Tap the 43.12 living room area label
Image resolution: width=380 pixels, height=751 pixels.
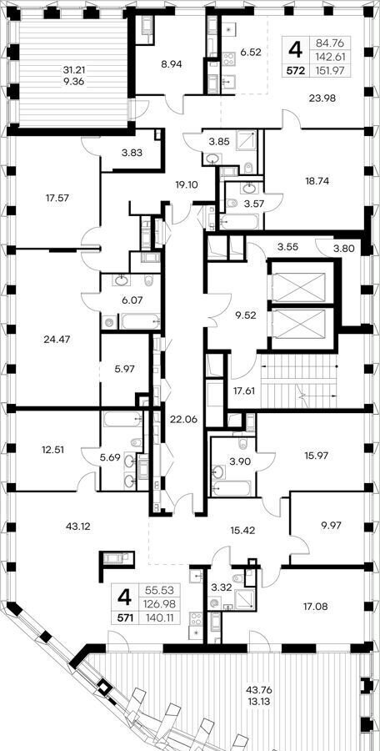coord(77,527)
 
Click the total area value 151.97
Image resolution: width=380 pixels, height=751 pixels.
coord(329,70)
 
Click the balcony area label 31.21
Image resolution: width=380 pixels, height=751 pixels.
coord(73,70)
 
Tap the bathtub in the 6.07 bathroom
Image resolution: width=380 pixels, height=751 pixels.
coord(140,321)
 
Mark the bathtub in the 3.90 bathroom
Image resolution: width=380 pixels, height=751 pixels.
coord(232,488)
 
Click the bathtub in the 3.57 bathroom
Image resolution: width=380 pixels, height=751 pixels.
coord(239,221)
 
